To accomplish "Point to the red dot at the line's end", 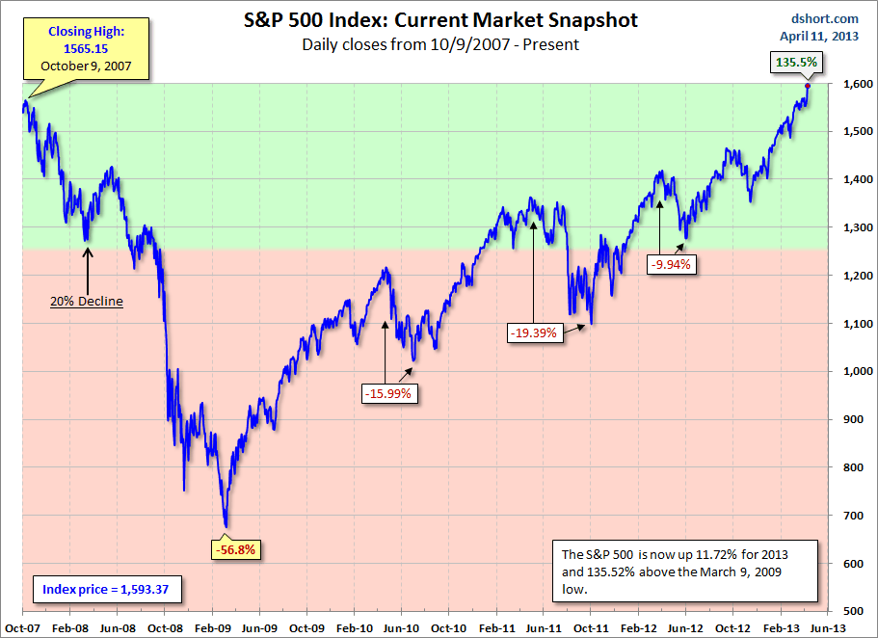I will coord(808,86).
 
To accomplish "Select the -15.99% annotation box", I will coord(389,392).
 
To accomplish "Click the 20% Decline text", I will coord(87,301).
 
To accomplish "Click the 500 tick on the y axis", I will coord(852,612).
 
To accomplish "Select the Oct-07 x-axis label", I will coord(20,626).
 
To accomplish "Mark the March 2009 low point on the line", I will coord(226,526).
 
